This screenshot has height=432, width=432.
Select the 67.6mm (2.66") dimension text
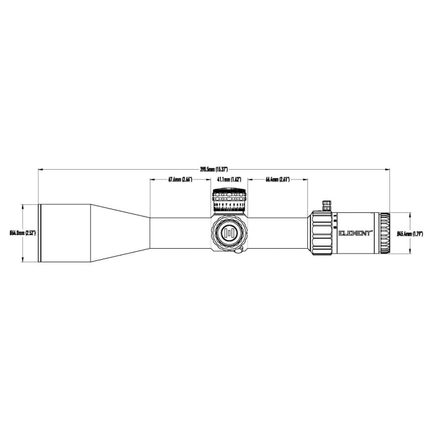(x=180, y=180)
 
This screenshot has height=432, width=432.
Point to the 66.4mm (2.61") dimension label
(x=278, y=180)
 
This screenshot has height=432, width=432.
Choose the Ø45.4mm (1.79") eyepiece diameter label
(x=409, y=233)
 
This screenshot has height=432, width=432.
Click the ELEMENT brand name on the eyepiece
(x=355, y=233)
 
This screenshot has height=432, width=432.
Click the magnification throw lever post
(x=326, y=205)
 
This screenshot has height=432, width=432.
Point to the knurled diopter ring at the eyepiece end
(x=385, y=233)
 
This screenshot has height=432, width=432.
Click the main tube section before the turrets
(x=179, y=233)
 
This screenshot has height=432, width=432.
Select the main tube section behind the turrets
(x=278, y=233)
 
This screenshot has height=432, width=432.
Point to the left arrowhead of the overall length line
(x=40, y=168)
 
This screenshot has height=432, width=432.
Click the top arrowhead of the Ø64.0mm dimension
(x=23, y=206)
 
